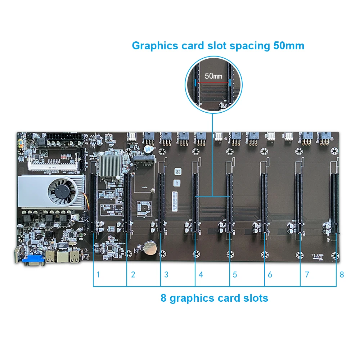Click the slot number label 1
98,275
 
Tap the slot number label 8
342,275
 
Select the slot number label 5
235,275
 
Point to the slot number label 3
166,275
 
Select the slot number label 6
270,275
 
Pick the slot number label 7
307,275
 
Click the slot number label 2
133,275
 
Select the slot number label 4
201,275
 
